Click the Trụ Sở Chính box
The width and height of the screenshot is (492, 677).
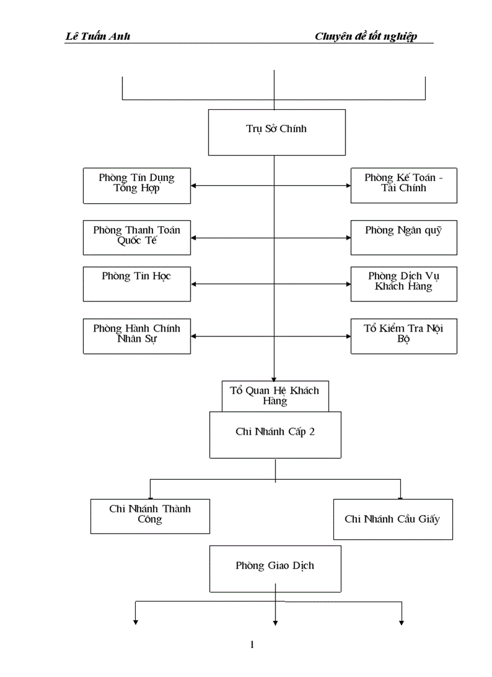click(277, 132)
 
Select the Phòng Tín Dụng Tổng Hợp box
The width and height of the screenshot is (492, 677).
click(137, 185)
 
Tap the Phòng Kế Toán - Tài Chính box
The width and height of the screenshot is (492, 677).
click(403, 185)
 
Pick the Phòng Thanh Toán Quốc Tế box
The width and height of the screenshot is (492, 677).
click(137, 238)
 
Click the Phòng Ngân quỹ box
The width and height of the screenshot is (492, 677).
click(403, 238)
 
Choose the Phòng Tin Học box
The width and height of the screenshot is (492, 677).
click(137, 284)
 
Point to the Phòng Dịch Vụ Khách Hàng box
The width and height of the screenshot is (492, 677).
click(403, 284)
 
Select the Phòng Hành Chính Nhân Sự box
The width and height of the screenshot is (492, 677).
click(137, 336)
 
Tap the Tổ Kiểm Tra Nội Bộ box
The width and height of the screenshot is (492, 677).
click(403, 336)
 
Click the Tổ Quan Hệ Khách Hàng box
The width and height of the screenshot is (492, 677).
click(275, 396)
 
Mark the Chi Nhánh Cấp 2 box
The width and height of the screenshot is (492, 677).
click(275, 435)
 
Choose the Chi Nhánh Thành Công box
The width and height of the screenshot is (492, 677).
click(150, 516)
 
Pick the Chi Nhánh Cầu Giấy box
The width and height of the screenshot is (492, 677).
click(393, 519)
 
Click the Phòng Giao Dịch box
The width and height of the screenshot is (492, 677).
click(275, 568)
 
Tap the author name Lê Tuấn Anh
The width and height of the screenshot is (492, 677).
click(97, 37)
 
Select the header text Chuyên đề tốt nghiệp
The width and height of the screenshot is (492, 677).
click(365, 37)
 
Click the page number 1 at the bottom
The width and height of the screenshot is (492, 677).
click(252, 645)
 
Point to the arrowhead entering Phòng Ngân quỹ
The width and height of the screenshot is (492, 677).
click(347, 238)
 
